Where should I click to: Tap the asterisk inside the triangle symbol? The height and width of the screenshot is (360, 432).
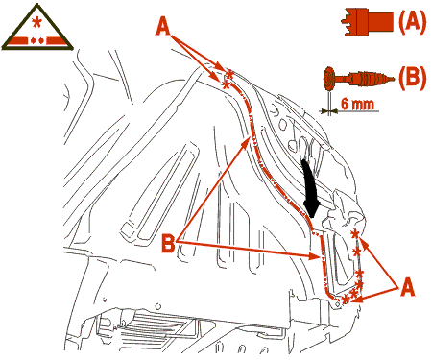pos(37,22)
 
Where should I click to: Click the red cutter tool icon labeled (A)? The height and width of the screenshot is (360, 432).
pos(367,22)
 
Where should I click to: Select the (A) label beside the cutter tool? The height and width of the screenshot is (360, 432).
pos(412,22)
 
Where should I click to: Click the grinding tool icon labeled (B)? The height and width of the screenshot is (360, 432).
pos(358,78)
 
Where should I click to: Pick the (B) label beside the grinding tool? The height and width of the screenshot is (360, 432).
pos(412,78)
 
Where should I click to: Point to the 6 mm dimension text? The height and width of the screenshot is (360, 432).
pos(357,104)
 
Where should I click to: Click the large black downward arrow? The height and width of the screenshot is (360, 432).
pos(310,189)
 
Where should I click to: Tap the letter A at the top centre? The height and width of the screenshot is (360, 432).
pos(163,26)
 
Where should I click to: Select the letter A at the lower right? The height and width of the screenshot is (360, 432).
pos(407,287)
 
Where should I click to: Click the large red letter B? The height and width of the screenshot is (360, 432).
pos(168,244)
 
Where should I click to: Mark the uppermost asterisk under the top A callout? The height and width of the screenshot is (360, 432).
pos(229,75)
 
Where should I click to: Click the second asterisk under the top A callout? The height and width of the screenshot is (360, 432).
pos(226,85)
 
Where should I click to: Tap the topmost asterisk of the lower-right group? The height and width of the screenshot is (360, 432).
pos(354,234)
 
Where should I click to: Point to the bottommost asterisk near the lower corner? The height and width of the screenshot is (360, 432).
pos(345,300)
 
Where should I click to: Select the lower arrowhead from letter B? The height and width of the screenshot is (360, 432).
pos(315,256)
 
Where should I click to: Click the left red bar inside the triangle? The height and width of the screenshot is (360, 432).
pos(17,41)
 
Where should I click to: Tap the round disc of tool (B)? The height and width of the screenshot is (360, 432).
pos(329,78)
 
